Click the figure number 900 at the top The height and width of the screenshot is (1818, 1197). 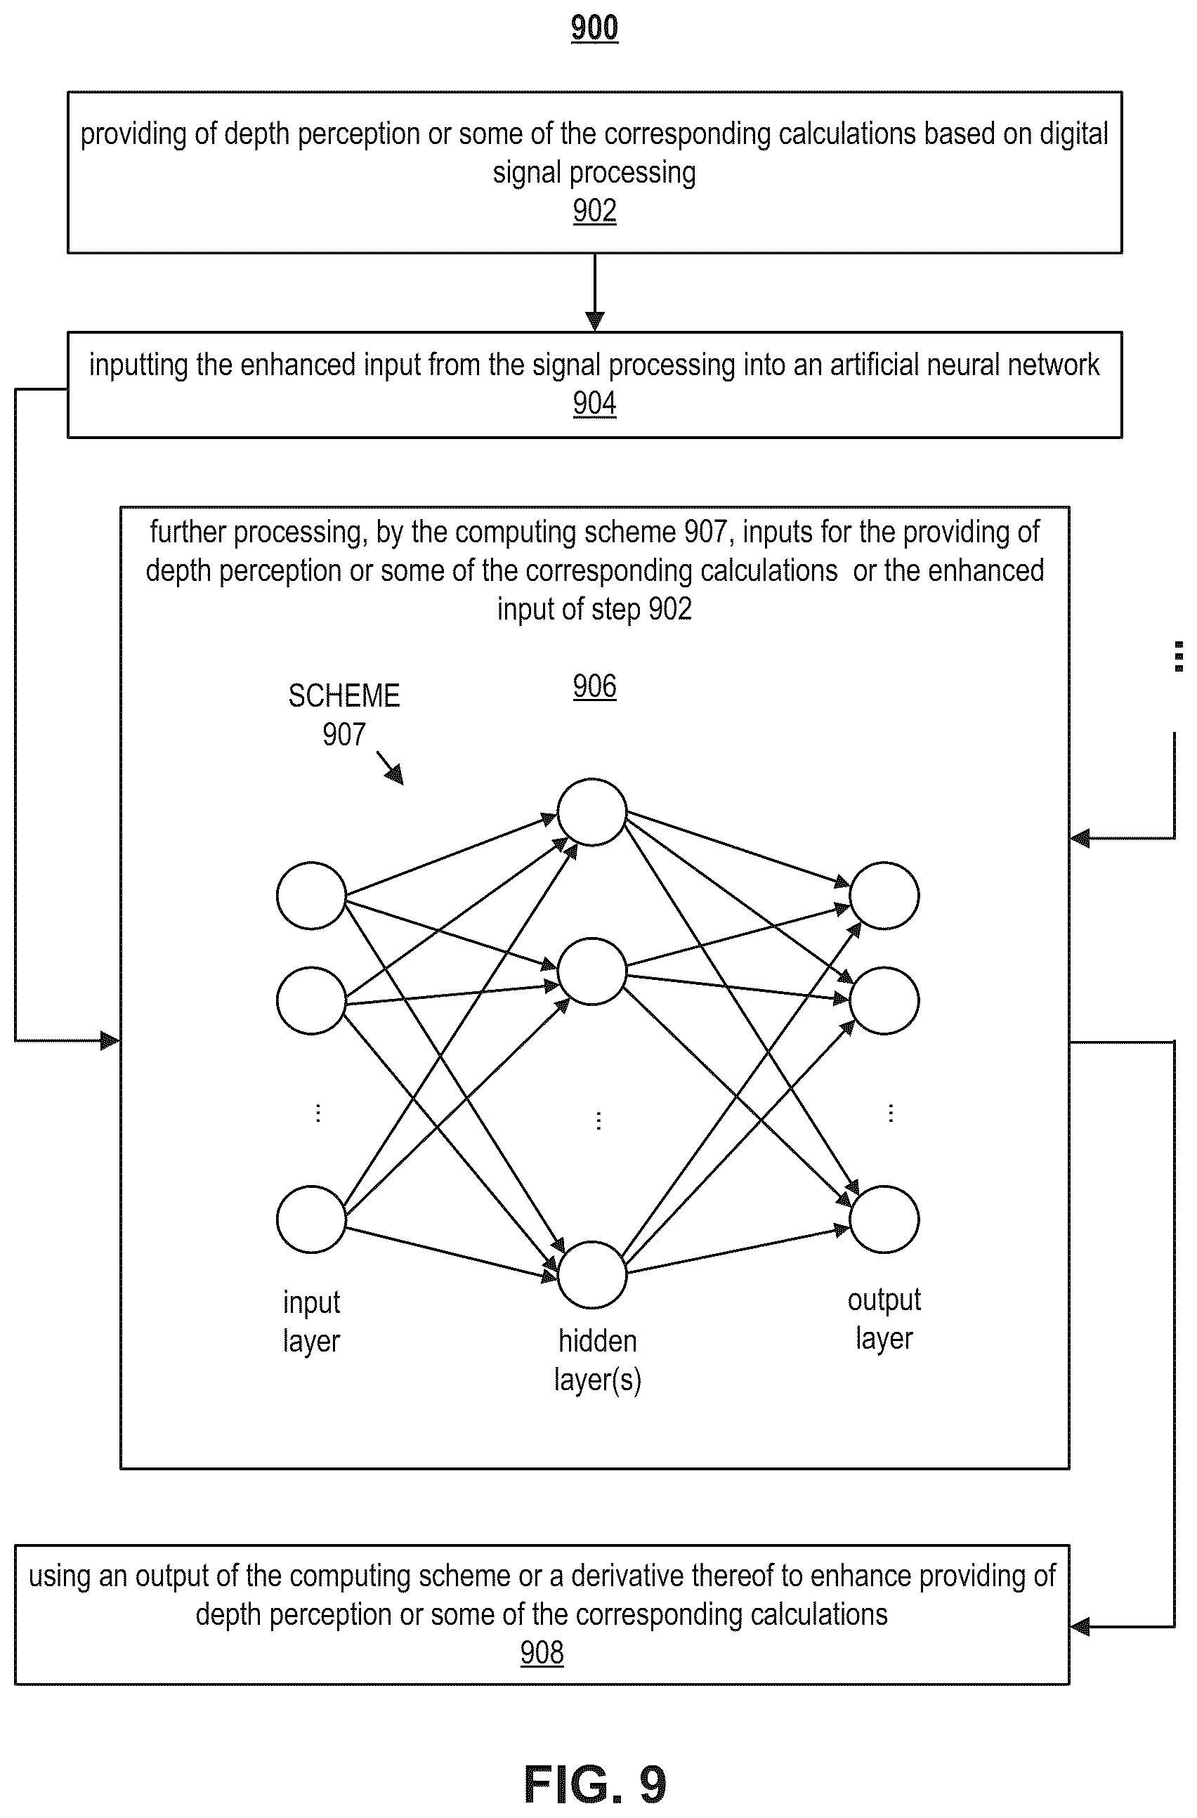(x=594, y=28)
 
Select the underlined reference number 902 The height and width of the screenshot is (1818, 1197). (x=594, y=211)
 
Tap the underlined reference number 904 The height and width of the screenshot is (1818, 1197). (x=594, y=403)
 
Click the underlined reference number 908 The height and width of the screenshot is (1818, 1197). (x=542, y=1652)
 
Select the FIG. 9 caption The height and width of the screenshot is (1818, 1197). (x=595, y=1784)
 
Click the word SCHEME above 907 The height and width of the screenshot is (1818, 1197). (x=344, y=696)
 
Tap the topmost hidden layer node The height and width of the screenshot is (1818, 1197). (x=592, y=812)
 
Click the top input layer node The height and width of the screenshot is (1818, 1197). (x=311, y=895)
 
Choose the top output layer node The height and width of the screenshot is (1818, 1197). (x=884, y=895)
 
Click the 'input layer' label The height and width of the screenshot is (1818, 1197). (x=311, y=1322)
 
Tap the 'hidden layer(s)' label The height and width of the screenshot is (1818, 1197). (x=597, y=1361)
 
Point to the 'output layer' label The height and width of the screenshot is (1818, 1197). (x=884, y=1319)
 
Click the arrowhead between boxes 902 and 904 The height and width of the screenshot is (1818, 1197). (x=594, y=322)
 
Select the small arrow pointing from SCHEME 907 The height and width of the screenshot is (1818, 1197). (x=390, y=768)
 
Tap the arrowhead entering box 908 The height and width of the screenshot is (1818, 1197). (x=1080, y=1626)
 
